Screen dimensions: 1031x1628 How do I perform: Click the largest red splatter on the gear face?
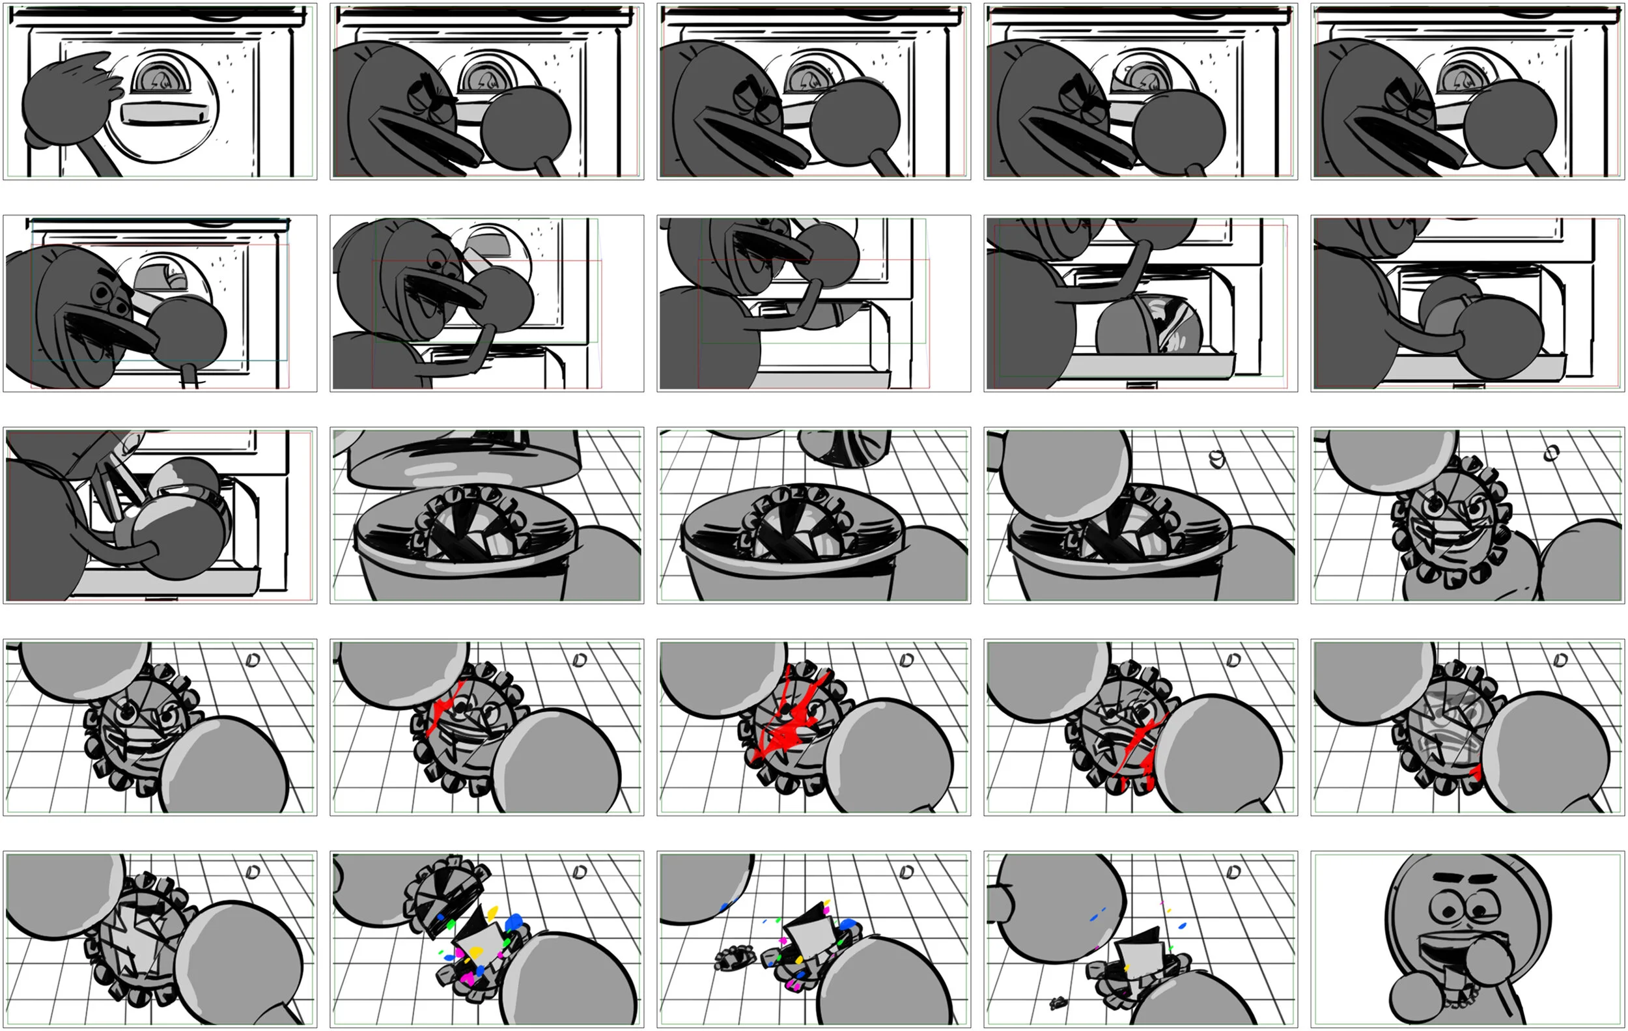[x=788, y=730]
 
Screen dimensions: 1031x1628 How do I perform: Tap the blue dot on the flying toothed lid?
[x=441, y=918]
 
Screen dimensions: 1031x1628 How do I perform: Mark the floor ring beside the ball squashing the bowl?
[x=1217, y=460]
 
